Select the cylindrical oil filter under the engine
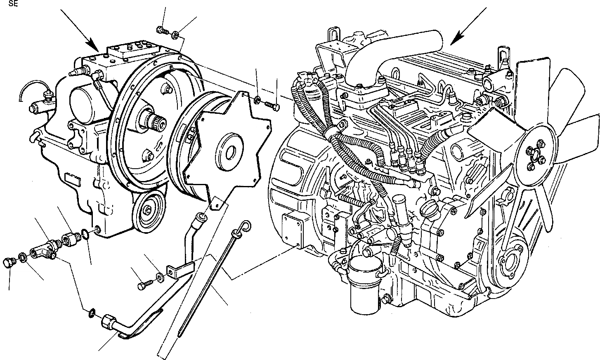pyautogui.click(x=363, y=285)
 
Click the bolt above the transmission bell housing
pyautogui.click(x=161, y=30)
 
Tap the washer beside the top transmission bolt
pyautogui.click(x=176, y=35)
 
